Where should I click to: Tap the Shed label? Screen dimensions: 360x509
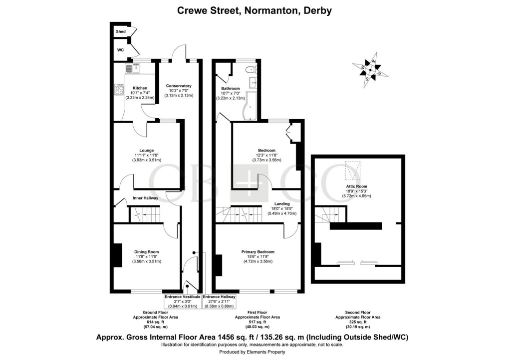120,31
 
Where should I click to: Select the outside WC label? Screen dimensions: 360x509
120,50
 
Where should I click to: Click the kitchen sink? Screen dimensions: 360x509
131,67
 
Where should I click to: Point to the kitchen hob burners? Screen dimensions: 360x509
120,90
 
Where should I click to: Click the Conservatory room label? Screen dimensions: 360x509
178,85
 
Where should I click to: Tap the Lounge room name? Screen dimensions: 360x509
146,150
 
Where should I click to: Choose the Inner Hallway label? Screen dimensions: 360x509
145,198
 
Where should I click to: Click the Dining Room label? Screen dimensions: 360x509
146,251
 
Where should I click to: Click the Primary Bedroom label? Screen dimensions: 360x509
258,251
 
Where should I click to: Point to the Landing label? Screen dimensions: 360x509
282,203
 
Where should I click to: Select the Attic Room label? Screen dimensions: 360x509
356,186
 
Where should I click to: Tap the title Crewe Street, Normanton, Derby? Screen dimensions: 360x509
254,10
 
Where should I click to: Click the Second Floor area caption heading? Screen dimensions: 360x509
357,312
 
